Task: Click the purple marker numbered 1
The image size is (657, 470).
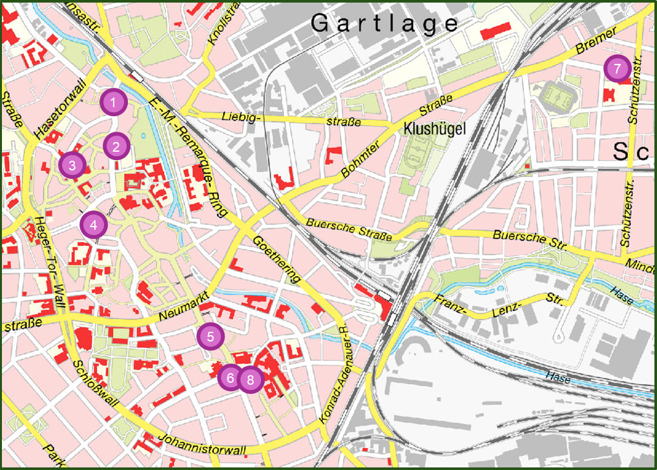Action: [x=114, y=102]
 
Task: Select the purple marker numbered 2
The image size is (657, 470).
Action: [x=116, y=147]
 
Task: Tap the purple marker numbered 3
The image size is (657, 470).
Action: [x=72, y=165]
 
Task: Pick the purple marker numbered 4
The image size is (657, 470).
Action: [x=94, y=225]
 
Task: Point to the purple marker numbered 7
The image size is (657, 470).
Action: [x=617, y=68]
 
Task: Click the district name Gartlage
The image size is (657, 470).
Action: [x=384, y=24]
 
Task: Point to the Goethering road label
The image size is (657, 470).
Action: [x=278, y=258]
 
